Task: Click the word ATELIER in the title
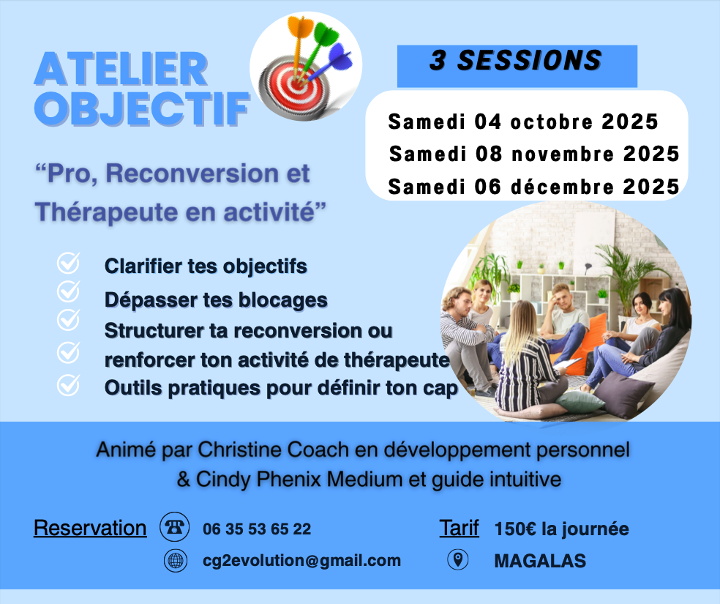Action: tap(121, 69)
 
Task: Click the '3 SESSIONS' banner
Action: tap(517, 66)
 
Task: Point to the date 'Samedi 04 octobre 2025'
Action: tap(523, 122)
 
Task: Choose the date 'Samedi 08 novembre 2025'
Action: tap(534, 154)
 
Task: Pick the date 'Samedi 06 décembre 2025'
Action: tap(533, 187)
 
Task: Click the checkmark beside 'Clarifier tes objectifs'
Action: tap(69, 263)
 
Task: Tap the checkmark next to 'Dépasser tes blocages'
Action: tap(69, 291)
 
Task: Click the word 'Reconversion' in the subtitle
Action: tap(192, 174)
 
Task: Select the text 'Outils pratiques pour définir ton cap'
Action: tap(281, 388)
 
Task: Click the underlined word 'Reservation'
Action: tap(90, 528)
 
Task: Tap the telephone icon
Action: tap(174, 527)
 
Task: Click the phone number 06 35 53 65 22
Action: tap(257, 529)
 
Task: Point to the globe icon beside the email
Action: tap(176, 560)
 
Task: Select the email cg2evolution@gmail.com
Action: tap(301, 561)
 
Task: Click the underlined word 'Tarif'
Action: tap(459, 528)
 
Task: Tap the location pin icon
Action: tap(458, 559)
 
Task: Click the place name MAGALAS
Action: tap(540, 561)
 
